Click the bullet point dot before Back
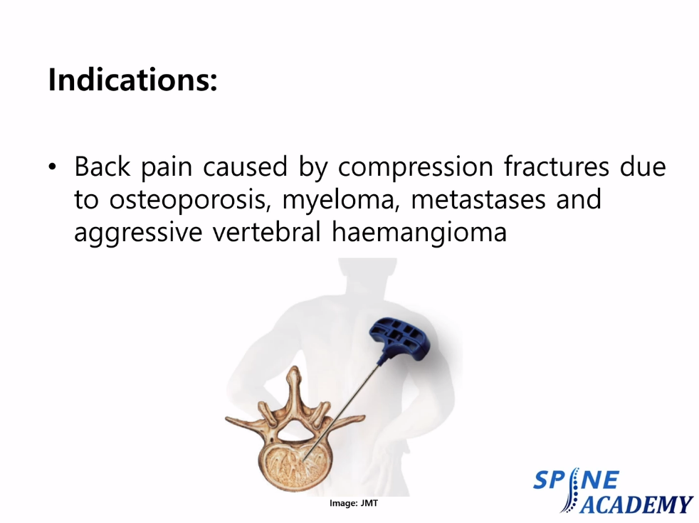(53, 167)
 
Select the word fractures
(557, 167)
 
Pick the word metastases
(478, 200)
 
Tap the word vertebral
(267, 232)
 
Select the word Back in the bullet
(102, 167)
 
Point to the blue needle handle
(399, 339)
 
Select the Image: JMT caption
(354, 503)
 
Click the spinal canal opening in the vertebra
(295, 428)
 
